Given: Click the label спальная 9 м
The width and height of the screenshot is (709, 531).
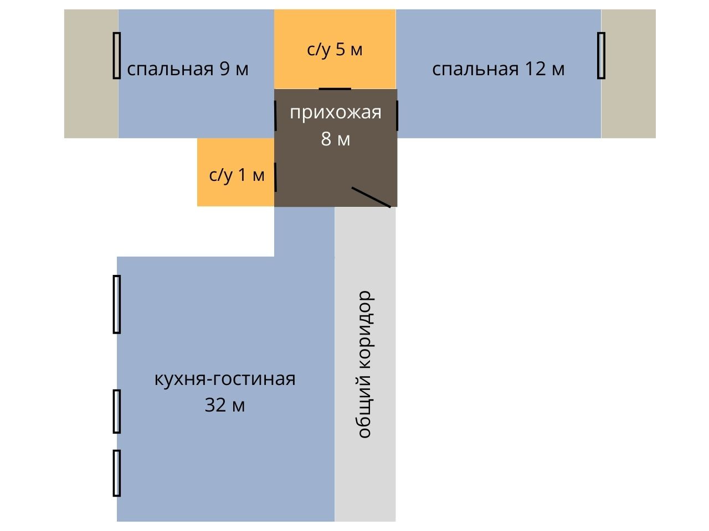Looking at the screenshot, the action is click(x=188, y=69).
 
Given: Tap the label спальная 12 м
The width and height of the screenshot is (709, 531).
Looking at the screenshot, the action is click(x=498, y=69).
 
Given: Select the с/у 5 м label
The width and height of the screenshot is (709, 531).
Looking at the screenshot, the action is click(x=335, y=49).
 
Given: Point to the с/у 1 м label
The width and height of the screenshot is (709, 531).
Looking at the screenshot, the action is click(x=237, y=175).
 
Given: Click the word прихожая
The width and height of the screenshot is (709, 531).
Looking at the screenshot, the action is click(x=336, y=112).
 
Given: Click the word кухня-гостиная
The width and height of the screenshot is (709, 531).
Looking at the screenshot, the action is click(x=224, y=379).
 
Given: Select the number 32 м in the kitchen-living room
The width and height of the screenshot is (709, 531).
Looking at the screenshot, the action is click(x=224, y=405).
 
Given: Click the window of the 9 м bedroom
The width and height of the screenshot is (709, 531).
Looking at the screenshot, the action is click(x=116, y=55).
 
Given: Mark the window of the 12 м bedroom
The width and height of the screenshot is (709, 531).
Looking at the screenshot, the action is click(x=601, y=55).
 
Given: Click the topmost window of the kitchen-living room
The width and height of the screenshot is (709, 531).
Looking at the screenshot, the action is click(x=116, y=304).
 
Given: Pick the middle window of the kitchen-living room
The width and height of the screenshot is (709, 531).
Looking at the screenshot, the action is click(x=116, y=411).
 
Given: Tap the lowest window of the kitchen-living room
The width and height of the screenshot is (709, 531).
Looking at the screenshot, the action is click(x=116, y=473).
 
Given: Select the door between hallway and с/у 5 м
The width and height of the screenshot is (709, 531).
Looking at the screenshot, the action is click(x=335, y=88).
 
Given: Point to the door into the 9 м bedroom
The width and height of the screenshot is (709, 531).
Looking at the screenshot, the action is click(x=276, y=115).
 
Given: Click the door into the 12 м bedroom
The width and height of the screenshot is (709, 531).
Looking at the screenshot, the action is click(x=397, y=115).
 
